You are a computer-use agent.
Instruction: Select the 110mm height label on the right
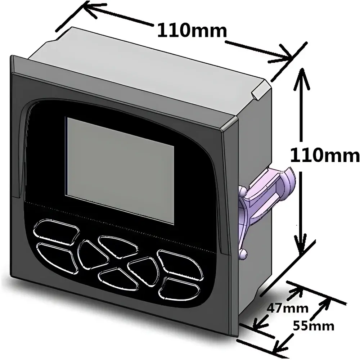click(x=325, y=156)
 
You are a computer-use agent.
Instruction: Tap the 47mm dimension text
click(x=287, y=308)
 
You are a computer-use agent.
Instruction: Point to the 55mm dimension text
click(x=314, y=326)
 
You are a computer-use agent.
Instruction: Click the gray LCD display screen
click(x=120, y=170)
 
